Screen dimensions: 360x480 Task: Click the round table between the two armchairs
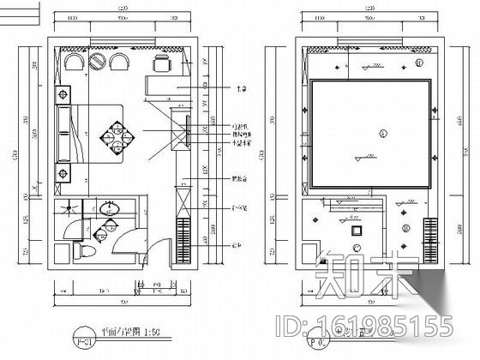98,61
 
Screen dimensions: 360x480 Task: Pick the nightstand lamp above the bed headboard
63,93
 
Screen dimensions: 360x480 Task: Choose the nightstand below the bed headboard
63,175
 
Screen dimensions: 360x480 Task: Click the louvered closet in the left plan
182,237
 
